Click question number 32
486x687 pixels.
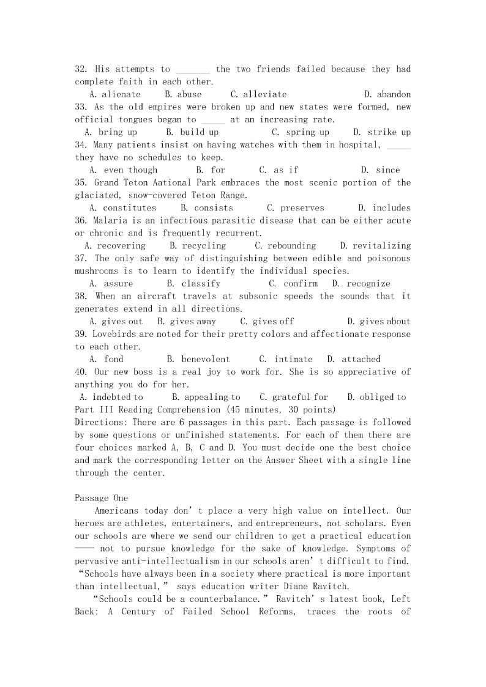pyautogui.click(x=81, y=69)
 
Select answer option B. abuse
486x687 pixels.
pyautogui.click(x=183, y=94)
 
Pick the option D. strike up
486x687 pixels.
pyautogui.click(x=382, y=132)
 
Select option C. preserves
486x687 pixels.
pyautogui.click(x=296, y=208)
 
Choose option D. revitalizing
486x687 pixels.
pyautogui.click(x=375, y=246)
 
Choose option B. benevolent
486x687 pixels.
pyautogui.click(x=198, y=359)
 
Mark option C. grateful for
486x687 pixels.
pyautogui.click(x=294, y=397)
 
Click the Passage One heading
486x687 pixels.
pyautogui.click(x=101, y=498)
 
